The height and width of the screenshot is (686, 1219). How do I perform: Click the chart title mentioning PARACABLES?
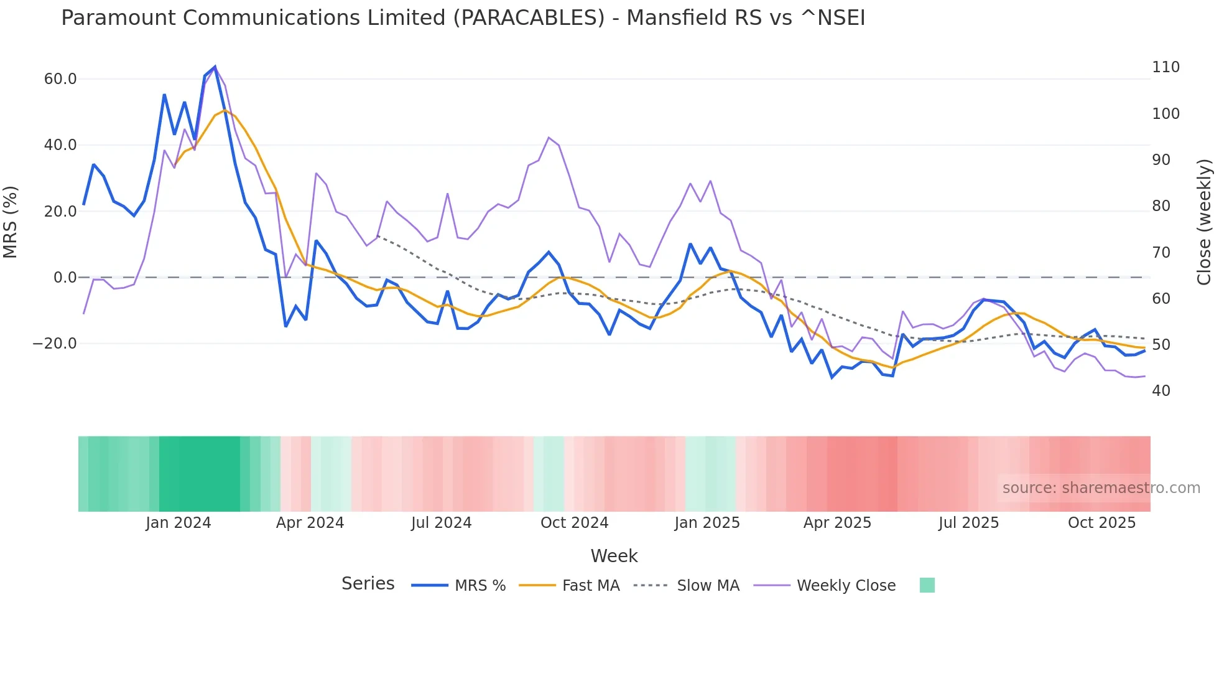[x=463, y=18]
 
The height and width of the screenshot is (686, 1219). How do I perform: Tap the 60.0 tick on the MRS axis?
[x=60, y=79]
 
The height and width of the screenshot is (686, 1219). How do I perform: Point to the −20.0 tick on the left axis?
[x=55, y=344]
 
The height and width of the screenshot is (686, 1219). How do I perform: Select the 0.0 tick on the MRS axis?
[x=65, y=278]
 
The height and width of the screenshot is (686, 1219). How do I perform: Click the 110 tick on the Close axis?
[x=1166, y=67]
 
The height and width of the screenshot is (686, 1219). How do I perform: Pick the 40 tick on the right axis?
[x=1161, y=391]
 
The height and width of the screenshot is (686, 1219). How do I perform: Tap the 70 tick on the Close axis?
[x=1161, y=253]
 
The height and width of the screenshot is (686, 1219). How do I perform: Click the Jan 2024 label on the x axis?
[x=178, y=523]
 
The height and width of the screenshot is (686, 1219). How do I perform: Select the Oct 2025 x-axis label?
[x=1101, y=523]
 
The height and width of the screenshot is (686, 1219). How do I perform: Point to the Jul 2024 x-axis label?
[x=441, y=523]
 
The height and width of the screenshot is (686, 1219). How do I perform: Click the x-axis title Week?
[x=614, y=556]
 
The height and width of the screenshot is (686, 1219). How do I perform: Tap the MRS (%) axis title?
[x=11, y=222]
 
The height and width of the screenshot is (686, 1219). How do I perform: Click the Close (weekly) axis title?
[x=1204, y=222]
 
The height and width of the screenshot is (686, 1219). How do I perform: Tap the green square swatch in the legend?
[x=927, y=585]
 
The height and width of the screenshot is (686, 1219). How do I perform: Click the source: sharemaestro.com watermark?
[x=1101, y=488]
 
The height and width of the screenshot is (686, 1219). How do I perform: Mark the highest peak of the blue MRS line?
[x=215, y=67]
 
